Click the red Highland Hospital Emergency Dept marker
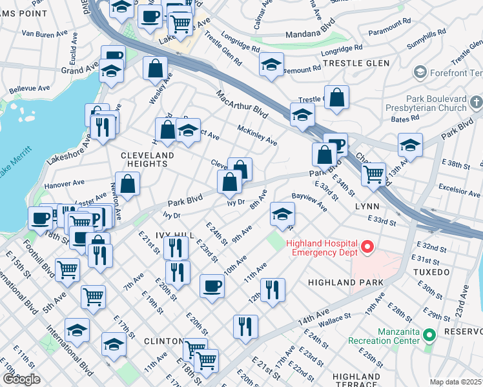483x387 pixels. [367, 247]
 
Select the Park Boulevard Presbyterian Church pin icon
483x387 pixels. [477, 102]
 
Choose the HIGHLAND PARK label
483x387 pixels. [345, 283]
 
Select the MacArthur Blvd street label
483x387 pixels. [242, 104]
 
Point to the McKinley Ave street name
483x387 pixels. [257, 134]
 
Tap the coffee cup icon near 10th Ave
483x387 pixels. [211, 285]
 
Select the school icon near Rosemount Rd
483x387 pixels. [272, 64]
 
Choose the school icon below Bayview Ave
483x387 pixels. [281, 214]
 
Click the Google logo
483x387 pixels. [21, 379]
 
